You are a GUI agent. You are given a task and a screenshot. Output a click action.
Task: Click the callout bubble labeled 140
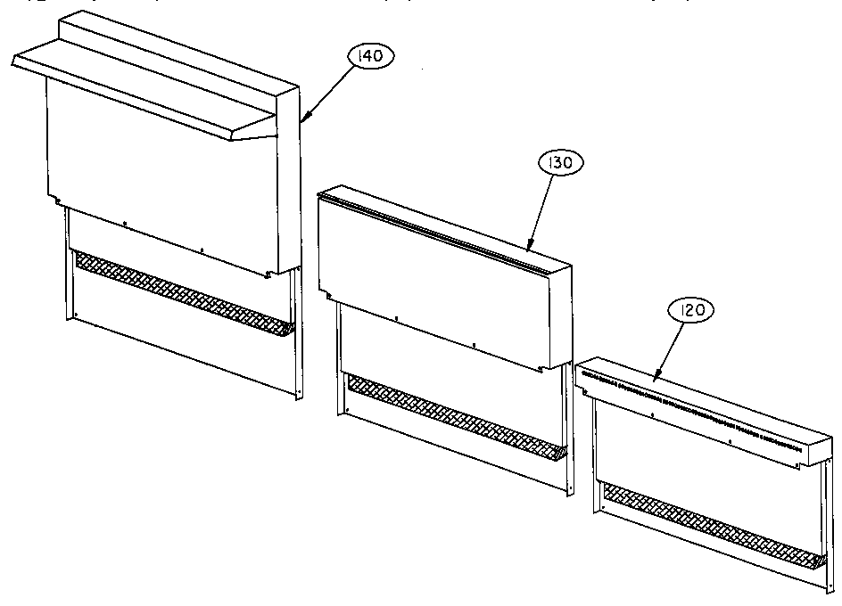click(x=370, y=57)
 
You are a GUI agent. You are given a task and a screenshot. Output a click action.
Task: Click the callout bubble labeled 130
click(x=562, y=163)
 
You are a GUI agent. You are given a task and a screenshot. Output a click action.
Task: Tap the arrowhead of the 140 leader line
click(x=304, y=119)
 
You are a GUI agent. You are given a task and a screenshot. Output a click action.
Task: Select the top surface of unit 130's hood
click(x=446, y=223)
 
